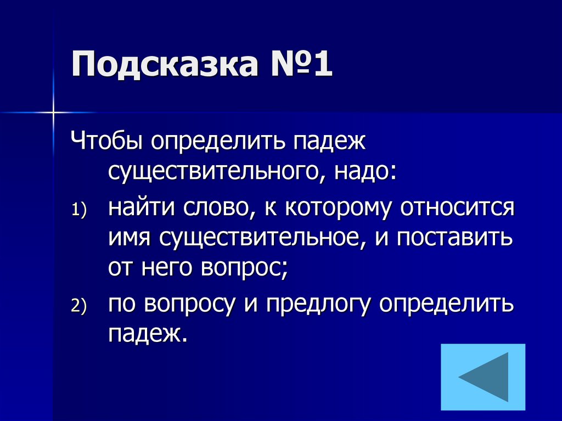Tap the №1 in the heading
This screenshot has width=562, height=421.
point(299,65)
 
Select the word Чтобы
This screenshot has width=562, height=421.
point(107,144)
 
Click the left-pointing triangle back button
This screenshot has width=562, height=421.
point(482,377)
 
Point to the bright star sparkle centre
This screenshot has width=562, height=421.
point(54,113)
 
